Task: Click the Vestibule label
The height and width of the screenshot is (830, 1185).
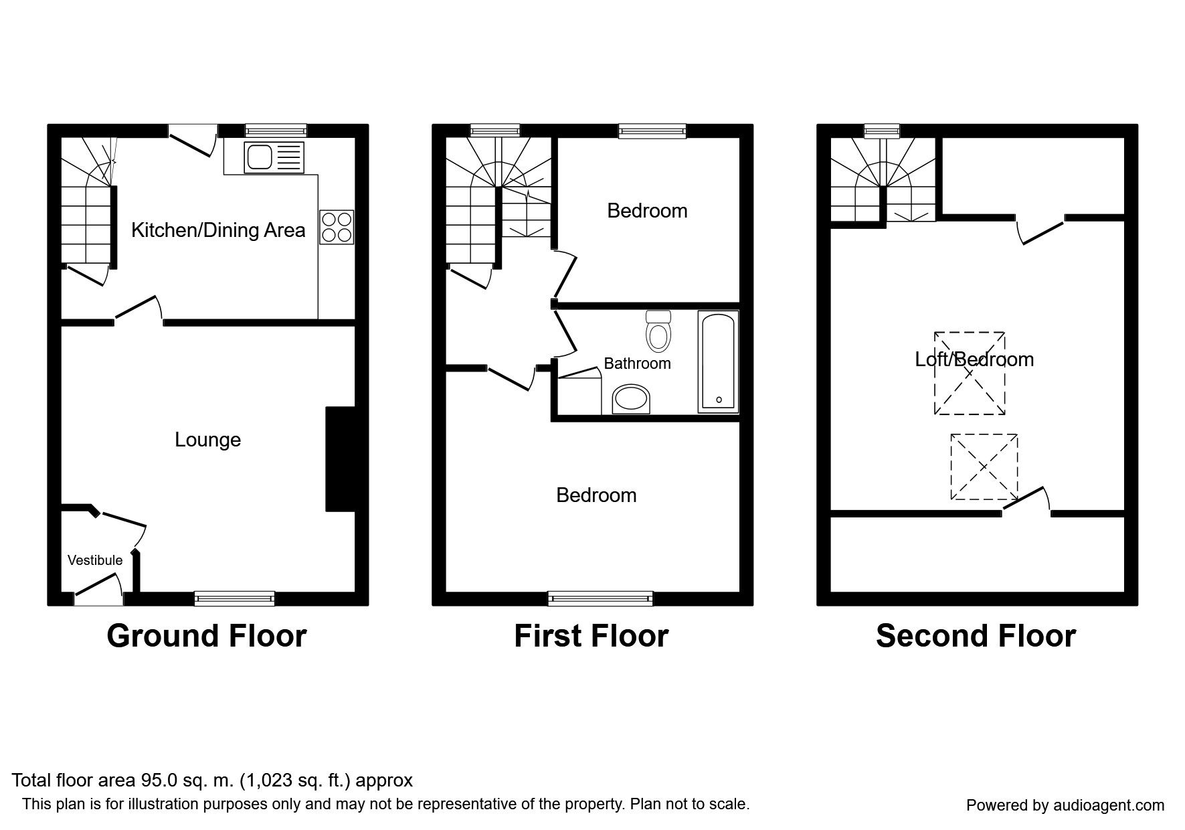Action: [x=95, y=560]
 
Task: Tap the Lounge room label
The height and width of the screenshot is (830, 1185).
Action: [x=207, y=440]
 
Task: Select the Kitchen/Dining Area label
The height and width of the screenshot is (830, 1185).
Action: [x=218, y=230]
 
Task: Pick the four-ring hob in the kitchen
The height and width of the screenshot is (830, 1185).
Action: [x=337, y=227]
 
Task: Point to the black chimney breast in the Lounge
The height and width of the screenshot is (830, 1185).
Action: [x=341, y=459]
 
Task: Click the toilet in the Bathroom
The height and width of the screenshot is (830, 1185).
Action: [x=658, y=331]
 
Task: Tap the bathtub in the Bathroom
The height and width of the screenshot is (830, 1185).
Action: [x=718, y=361]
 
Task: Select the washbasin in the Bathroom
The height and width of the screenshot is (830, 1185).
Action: [x=631, y=400]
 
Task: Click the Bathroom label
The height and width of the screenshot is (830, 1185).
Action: [x=637, y=363]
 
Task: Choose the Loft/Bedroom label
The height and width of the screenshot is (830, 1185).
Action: [x=974, y=359]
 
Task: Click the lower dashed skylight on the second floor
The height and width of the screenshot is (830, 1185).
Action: [x=984, y=467]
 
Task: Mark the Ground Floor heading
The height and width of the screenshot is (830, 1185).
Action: [x=207, y=636]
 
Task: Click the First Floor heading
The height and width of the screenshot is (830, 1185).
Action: [x=591, y=636]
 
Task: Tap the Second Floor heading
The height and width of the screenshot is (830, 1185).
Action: [x=976, y=636]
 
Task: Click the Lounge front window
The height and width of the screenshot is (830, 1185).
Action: [x=235, y=598]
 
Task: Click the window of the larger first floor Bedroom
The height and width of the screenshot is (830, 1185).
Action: [x=600, y=598]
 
